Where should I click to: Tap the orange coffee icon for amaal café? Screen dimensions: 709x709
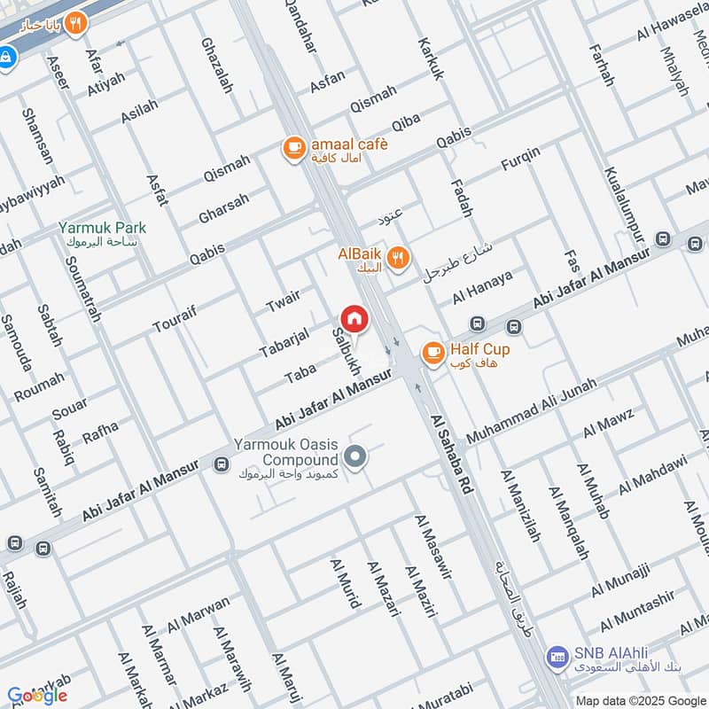pos(293,148)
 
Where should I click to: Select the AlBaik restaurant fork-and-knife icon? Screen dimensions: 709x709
pos(399,258)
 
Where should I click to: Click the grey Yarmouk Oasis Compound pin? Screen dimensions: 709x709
pos(355,457)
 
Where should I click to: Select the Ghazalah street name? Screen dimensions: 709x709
pos(215,66)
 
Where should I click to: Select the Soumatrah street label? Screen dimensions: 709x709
pos(82,289)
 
